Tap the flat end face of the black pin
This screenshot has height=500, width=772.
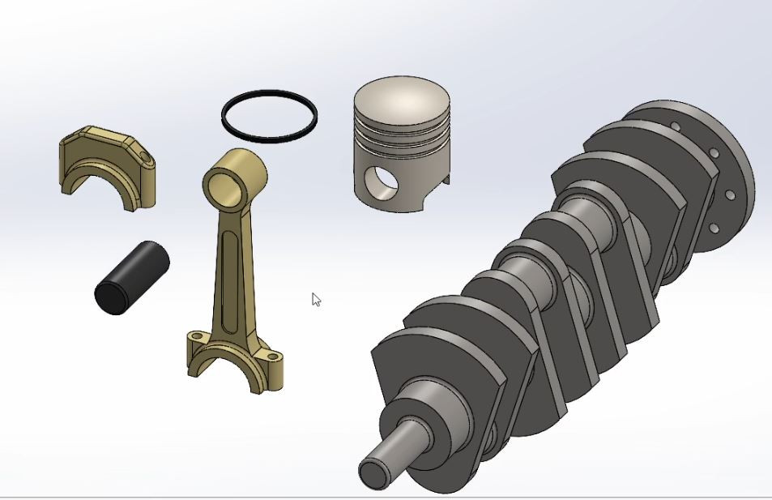coord(111,296)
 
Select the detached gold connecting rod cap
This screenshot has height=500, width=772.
coord(105,158)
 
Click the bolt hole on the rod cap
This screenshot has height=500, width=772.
coord(144,155)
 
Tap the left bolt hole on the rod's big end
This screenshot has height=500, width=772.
coord(195,335)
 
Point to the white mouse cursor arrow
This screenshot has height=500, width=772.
coord(316,299)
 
